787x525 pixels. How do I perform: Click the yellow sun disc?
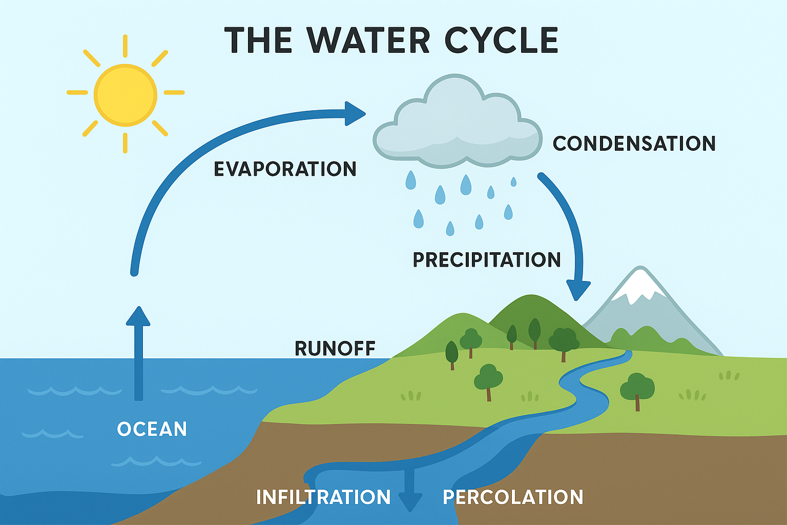tap(126, 95)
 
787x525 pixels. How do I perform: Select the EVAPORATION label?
tap(285, 169)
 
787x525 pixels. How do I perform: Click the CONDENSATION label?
tap(634, 144)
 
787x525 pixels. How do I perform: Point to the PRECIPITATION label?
tap(487, 260)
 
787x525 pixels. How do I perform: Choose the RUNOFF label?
tap(335, 349)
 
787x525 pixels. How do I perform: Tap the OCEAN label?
tap(152, 429)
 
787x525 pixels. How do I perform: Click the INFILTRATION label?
tap(323, 497)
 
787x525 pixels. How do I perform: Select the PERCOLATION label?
tap(513, 497)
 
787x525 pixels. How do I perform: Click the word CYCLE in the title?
tap(501, 40)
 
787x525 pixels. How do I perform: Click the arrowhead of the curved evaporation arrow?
tap(355, 113)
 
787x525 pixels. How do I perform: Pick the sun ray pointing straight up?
tap(126, 46)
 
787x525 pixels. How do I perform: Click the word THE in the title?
tap(258, 40)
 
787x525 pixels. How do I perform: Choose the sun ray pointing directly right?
tap(174, 93)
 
